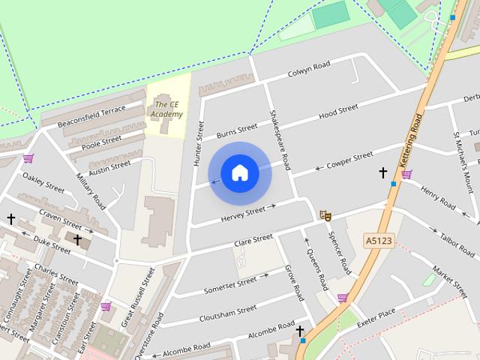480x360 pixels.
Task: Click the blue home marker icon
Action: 240,173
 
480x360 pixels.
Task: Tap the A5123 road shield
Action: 379,240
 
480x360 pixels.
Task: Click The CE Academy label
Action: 166,109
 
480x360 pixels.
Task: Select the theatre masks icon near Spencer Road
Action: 325,215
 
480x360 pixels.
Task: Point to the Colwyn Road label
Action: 309,70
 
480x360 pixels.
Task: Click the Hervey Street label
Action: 244,214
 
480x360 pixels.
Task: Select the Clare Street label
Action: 253,240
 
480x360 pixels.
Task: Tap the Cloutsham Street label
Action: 228,313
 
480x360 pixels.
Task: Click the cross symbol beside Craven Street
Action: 10,219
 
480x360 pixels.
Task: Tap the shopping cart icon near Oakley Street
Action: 28,158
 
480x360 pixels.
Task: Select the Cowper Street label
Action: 349,160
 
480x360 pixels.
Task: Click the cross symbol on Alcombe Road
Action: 300,330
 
